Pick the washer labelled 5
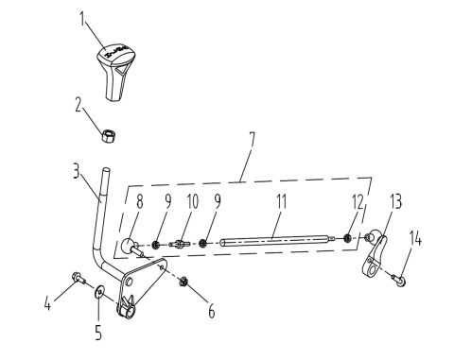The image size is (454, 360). click(100, 300)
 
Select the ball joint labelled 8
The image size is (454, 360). click(127, 246)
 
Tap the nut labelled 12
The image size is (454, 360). click(348, 237)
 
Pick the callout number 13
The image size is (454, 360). click(395, 201)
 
